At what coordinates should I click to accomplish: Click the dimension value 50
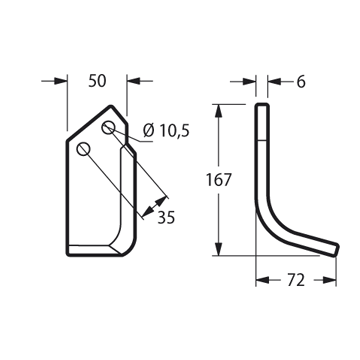(x=97, y=81)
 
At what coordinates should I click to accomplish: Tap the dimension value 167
(x=218, y=180)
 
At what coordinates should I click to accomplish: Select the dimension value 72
(x=296, y=280)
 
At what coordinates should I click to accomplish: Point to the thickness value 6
(x=301, y=82)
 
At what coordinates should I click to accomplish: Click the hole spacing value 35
(x=166, y=218)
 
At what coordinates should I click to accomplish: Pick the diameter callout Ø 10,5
(x=166, y=131)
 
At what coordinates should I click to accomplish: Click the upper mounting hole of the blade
(x=108, y=127)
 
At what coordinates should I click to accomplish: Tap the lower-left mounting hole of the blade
(x=83, y=149)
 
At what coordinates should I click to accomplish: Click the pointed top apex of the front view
(x=111, y=106)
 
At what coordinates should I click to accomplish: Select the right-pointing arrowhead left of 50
(x=61, y=81)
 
